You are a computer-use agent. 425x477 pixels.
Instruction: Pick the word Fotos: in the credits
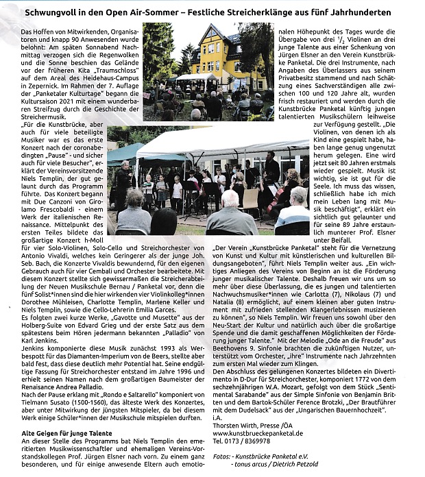click(x=223, y=455)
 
